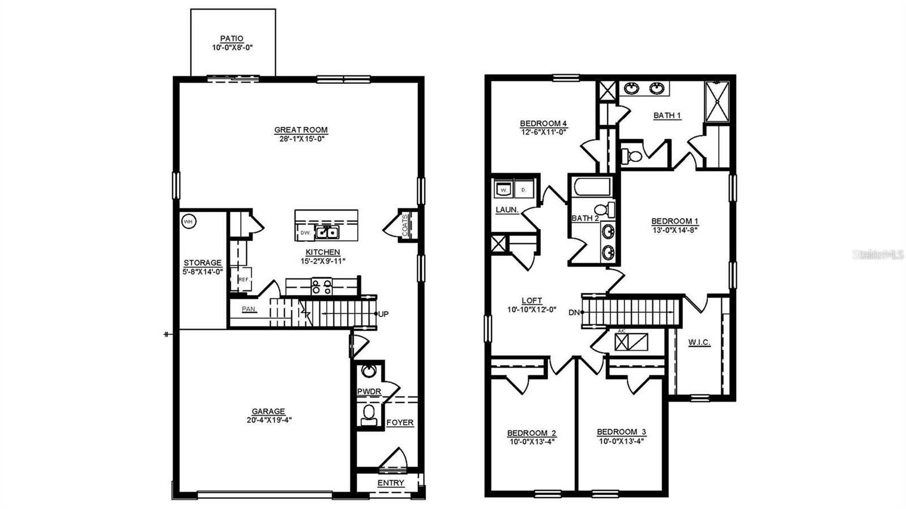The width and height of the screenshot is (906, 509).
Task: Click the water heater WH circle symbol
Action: coord(188,221)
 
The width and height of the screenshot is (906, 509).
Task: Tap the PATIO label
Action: coord(232,39)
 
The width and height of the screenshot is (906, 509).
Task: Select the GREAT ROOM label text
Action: coord(301,130)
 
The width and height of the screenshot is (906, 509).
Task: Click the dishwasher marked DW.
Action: coord(305,233)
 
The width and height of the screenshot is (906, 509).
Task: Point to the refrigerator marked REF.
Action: coord(243,279)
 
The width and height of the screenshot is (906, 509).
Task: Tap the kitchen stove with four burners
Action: coord(322,287)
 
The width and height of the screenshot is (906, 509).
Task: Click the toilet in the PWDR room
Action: coord(369,413)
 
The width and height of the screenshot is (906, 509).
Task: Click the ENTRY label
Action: coord(391,483)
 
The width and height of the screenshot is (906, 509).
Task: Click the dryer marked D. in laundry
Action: coord(524,190)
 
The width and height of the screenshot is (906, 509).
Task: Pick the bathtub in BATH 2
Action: coord(592,187)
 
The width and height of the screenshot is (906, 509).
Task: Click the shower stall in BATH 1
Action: coord(717,101)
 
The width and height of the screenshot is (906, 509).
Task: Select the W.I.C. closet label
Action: coord(699,343)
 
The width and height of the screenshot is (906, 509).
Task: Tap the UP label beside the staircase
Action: coord(383,314)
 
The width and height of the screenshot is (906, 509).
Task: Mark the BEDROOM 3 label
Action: coord(621,432)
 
